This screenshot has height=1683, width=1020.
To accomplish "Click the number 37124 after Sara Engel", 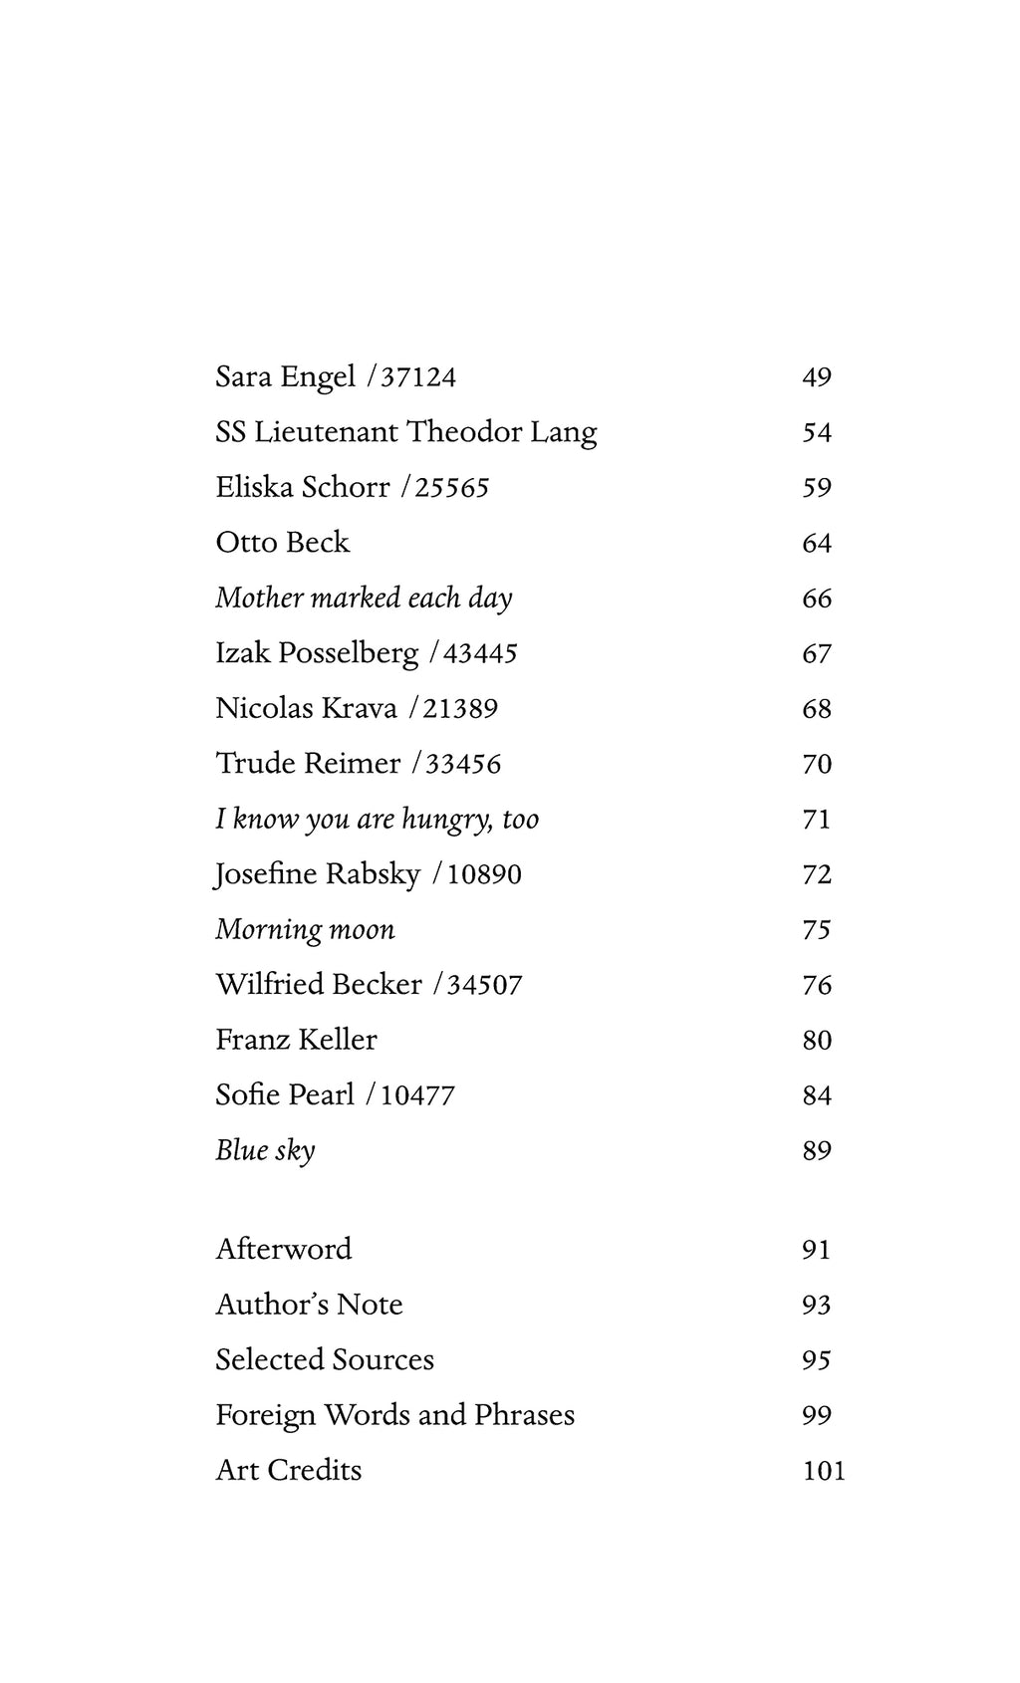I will tap(418, 377).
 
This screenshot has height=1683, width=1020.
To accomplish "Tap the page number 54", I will tap(817, 432).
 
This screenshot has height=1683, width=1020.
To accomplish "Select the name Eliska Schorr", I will tap(303, 487).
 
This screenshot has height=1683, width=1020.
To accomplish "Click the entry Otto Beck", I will tap(283, 543).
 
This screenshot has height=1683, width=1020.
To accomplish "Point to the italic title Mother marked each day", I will tap(364, 598).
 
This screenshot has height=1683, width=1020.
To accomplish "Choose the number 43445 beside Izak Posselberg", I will tap(480, 653).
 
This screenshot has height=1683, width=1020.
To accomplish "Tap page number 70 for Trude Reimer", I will tap(817, 764).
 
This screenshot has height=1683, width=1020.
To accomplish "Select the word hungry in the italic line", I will tap(444, 820).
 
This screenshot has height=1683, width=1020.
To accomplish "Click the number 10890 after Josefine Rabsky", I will tap(484, 874).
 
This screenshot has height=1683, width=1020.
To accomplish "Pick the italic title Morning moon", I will tap(305, 930).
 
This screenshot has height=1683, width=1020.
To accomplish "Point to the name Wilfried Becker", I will tap(319, 985).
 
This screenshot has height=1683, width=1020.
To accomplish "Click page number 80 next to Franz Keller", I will tap(817, 1041).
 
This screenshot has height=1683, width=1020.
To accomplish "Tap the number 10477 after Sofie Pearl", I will tap(417, 1095).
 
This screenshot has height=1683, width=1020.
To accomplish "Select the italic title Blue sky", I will tap(265, 1151).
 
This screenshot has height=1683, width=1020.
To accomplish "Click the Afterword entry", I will tap(284, 1249).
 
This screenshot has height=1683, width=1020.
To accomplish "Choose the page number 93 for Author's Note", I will tap(816, 1305).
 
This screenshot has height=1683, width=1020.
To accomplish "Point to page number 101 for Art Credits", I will tap(824, 1471).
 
